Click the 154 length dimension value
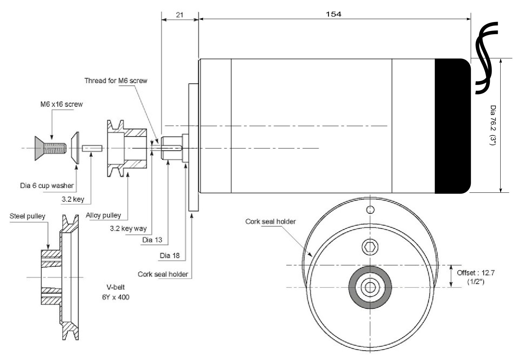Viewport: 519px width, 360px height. (x=333, y=14)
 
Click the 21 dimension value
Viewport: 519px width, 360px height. (x=179, y=15)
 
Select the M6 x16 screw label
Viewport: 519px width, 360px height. (x=61, y=105)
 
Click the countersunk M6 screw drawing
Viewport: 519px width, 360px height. (x=50, y=147)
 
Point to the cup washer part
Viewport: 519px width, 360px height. (x=75, y=148)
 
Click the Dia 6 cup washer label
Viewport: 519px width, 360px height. (x=47, y=186)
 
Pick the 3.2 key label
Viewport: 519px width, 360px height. (x=73, y=199)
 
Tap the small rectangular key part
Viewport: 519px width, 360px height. (x=93, y=148)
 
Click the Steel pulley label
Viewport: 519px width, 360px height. (x=27, y=216)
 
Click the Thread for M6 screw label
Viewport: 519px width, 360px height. (x=116, y=81)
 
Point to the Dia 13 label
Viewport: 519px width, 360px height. (x=152, y=240)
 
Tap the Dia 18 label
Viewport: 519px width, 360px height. (x=169, y=255)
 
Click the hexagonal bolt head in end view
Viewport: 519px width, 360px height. (x=370, y=247)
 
